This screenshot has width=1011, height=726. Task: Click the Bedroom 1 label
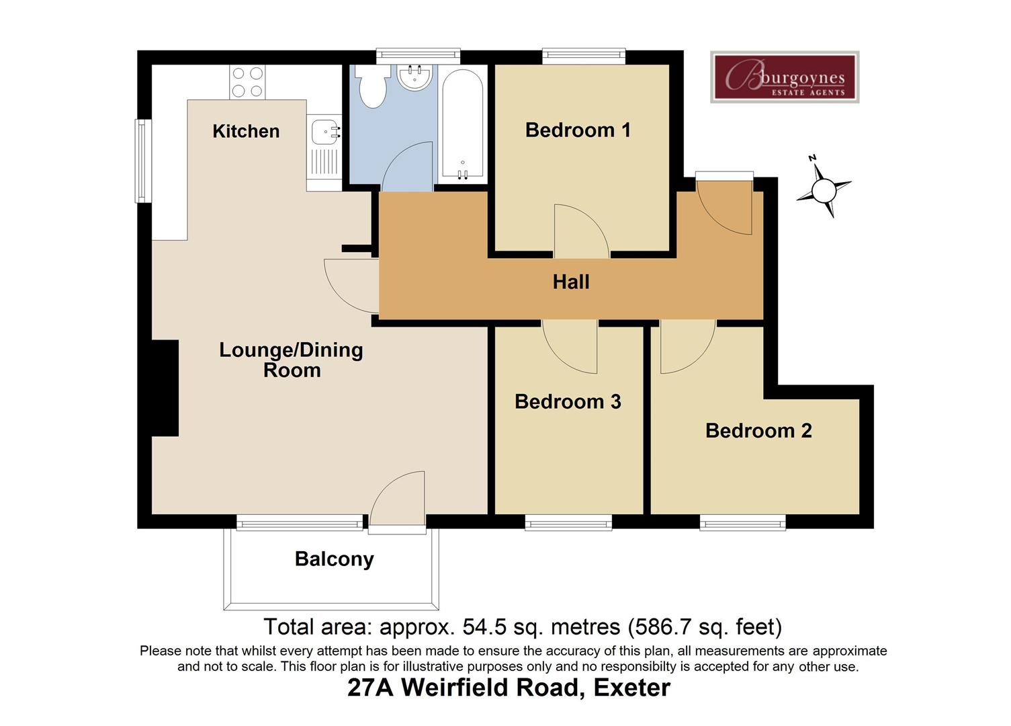pos(578,130)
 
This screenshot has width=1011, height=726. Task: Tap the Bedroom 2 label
pos(758,430)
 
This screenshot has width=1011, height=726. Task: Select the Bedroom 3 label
pos(568,401)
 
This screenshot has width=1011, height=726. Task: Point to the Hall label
pos(571,282)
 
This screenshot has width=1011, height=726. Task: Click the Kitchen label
pos(246,131)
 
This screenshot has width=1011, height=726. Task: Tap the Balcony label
pos(334,559)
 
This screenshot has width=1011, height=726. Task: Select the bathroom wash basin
pos(414,76)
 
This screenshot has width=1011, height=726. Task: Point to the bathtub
pos(462,124)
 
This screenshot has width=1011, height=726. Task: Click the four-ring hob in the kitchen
pos(247,82)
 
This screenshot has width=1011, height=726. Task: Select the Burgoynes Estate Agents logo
pos(785,77)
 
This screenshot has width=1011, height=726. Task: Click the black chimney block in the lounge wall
pos(165,388)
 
